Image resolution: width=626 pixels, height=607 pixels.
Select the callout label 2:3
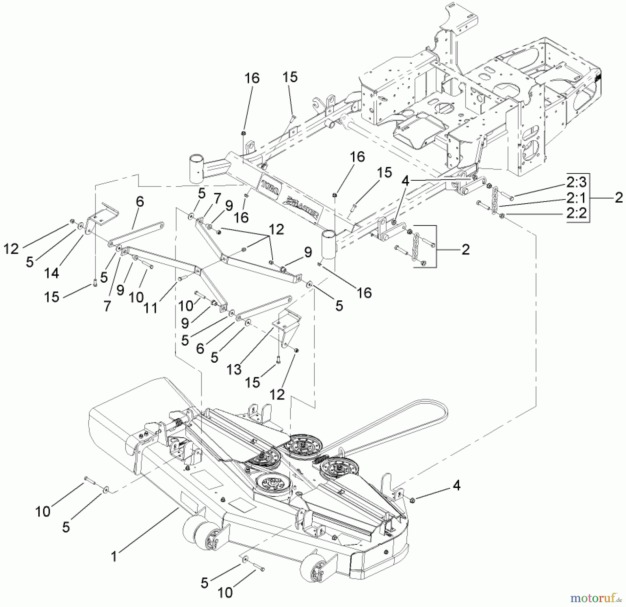[576, 182]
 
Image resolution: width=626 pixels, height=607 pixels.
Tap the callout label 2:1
[576, 198]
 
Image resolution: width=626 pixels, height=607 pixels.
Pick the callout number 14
[51, 273]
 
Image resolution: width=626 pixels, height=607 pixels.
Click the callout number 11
[151, 308]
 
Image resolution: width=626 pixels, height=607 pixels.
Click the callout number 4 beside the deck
[457, 485]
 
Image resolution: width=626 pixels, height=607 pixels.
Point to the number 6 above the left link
[140, 202]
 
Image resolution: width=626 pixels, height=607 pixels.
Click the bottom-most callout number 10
[225, 592]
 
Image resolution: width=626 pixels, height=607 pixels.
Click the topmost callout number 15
[290, 77]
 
